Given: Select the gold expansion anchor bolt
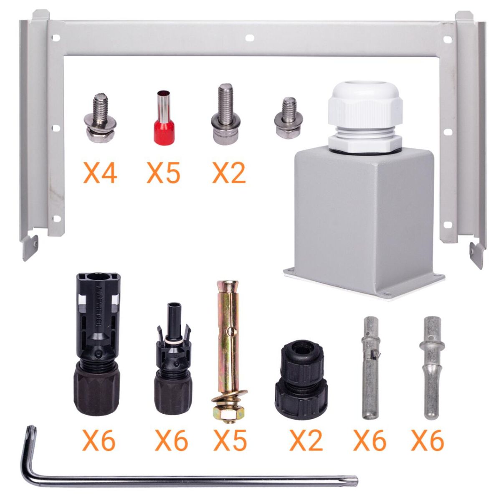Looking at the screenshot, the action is coord(230,328).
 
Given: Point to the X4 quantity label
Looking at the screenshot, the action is coord(100,172).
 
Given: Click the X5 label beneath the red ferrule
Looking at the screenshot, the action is coord(164,172).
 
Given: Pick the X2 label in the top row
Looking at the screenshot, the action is coord(229,172).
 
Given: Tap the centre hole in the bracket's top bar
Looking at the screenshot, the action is coord(250,38).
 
